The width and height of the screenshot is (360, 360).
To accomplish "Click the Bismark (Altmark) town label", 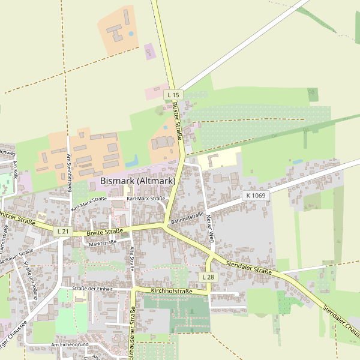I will coord(137,181).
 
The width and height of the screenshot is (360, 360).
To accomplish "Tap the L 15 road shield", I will coord(173,95).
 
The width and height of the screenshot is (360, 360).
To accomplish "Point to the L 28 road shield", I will coord(208,277).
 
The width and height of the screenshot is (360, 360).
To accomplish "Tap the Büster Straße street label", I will coord(177,120).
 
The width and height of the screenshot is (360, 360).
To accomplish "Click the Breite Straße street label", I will coord(105,231).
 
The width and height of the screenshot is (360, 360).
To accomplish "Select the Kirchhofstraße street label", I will coord(172,291).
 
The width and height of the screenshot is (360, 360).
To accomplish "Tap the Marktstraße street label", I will coord(103,243).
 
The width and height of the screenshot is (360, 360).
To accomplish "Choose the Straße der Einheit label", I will coord(92,289).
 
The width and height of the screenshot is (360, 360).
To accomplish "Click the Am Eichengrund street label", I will coord(70,345).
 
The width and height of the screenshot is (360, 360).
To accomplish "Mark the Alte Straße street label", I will coord(133,259).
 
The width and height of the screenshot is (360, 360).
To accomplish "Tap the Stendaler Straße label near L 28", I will coord(250,268).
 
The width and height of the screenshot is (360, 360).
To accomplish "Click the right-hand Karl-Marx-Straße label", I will coord(146,198).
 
